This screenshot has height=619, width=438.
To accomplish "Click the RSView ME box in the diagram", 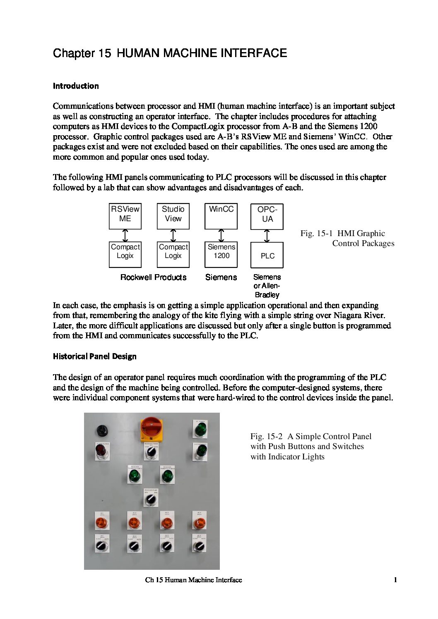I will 125,216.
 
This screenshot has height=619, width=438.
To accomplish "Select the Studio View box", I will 173,216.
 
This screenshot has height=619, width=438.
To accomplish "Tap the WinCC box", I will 221,216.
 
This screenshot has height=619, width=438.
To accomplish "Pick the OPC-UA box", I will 267,217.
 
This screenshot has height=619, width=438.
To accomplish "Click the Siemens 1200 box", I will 221,254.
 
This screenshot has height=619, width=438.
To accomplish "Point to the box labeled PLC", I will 267,255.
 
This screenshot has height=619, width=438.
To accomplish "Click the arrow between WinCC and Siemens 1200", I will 221,236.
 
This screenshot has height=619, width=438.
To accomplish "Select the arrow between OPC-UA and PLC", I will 267,236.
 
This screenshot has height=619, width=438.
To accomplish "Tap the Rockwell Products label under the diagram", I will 153,277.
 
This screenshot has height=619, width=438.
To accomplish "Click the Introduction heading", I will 76,86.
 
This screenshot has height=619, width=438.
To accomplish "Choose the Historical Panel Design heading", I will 94,356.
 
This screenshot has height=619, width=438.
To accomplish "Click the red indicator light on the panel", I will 101,450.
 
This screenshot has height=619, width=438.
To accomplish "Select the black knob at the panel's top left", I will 102,431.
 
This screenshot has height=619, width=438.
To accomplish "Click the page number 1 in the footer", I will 395,580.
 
